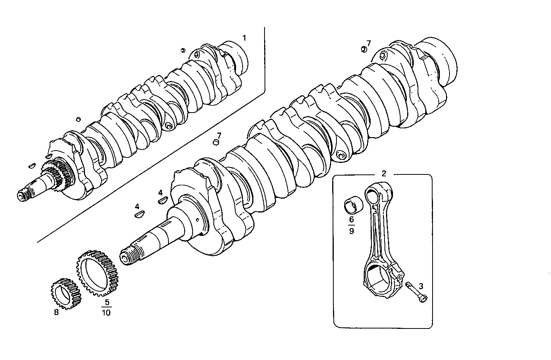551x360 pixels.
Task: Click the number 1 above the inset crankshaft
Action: click(x=244, y=38)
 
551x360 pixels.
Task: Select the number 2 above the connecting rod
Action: click(x=384, y=173)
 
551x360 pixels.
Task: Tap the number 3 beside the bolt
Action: click(x=421, y=286)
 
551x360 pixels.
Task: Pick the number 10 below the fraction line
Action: click(x=106, y=313)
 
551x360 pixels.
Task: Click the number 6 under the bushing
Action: click(x=351, y=219)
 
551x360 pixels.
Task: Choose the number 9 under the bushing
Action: click(x=351, y=231)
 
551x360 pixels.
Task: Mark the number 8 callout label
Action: click(x=56, y=312)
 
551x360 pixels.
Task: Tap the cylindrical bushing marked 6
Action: click(x=353, y=205)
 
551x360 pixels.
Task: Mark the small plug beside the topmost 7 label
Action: click(x=363, y=49)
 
